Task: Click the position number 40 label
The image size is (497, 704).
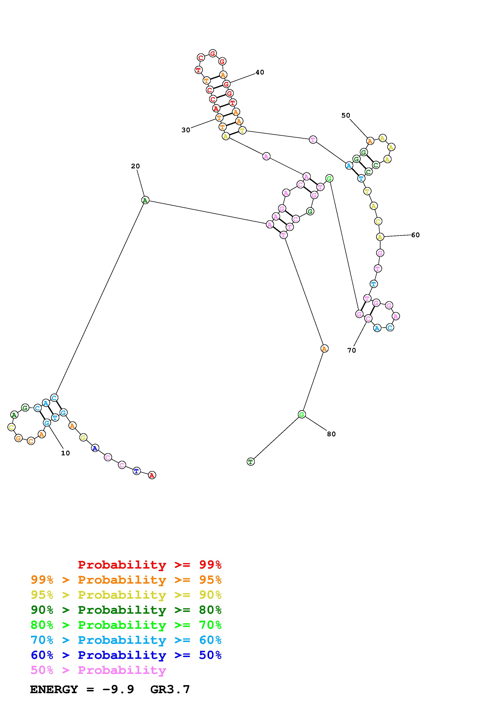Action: pyautogui.click(x=260, y=72)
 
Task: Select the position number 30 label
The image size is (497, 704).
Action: pyautogui.click(x=186, y=130)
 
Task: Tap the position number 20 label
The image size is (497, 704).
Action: pyautogui.click(x=135, y=166)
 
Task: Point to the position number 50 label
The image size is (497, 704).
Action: pyautogui.click(x=345, y=115)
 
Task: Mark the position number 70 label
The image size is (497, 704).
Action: pyautogui.click(x=351, y=350)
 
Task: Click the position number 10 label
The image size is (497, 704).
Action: pyautogui.click(x=65, y=453)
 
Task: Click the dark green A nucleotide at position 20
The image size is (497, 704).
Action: pyautogui.click(x=145, y=200)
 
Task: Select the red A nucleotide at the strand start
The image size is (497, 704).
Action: pyautogui.click(x=152, y=475)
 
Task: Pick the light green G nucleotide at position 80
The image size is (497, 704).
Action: pyautogui.click(x=302, y=415)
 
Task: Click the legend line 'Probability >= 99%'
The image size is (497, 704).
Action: pyautogui.click(x=149, y=565)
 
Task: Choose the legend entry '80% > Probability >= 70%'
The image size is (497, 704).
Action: pyautogui.click(x=126, y=625)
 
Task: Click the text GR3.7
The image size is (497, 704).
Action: pyautogui.click(x=170, y=690)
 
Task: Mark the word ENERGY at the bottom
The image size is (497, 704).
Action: pyautogui.click(x=54, y=690)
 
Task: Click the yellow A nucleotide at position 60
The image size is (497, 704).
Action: pyautogui.click(x=380, y=237)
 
